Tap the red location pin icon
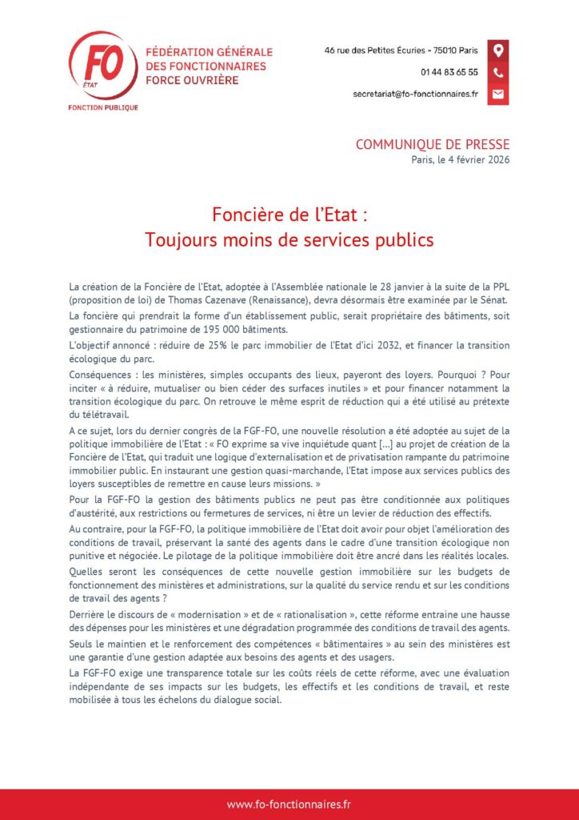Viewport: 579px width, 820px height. pyautogui.click(x=497, y=50)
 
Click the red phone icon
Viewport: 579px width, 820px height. pyautogui.click(x=497, y=72)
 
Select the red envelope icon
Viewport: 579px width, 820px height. pyautogui.click(x=497, y=94)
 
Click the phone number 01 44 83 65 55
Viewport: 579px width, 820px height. pyautogui.click(x=449, y=72)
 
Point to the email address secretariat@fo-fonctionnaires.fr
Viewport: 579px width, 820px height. pyautogui.click(x=415, y=94)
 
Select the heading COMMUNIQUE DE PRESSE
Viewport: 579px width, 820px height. pyautogui.click(x=432, y=145)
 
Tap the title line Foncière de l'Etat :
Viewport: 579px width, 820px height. pyautogui.click(x=289, y=215)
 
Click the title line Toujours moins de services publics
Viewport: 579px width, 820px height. pyautogui.click(x=289, y=239)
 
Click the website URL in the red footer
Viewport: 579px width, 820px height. pyautogui.click(x=289, y=804)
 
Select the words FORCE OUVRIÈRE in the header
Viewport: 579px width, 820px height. pyautogui.click(x=192, y=80)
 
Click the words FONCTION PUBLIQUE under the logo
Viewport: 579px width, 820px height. pyautogui.click(x=103, y=107)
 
